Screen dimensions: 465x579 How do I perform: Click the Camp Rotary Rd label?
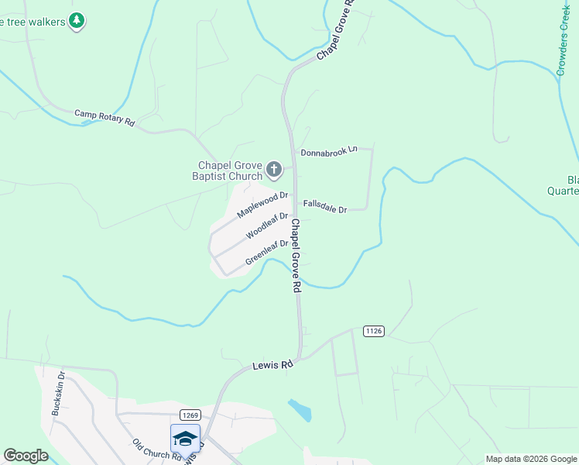point(104,118)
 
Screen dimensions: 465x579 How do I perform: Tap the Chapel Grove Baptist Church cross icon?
point(274,168)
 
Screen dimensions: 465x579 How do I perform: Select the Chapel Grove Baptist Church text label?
point(230,170)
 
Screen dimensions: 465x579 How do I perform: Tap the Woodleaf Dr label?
point(267,226)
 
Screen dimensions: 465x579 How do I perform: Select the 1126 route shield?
point(373,331)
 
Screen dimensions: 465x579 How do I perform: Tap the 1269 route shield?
point(192,415)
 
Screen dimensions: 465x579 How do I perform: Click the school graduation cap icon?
point(185,439)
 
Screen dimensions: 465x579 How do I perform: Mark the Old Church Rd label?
point(158,449)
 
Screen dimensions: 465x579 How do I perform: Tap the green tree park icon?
point(76,20)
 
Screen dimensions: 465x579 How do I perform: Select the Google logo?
point(26,456)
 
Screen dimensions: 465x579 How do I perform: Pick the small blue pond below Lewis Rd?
point(300,409)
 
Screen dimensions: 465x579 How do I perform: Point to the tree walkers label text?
point(32,20)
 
